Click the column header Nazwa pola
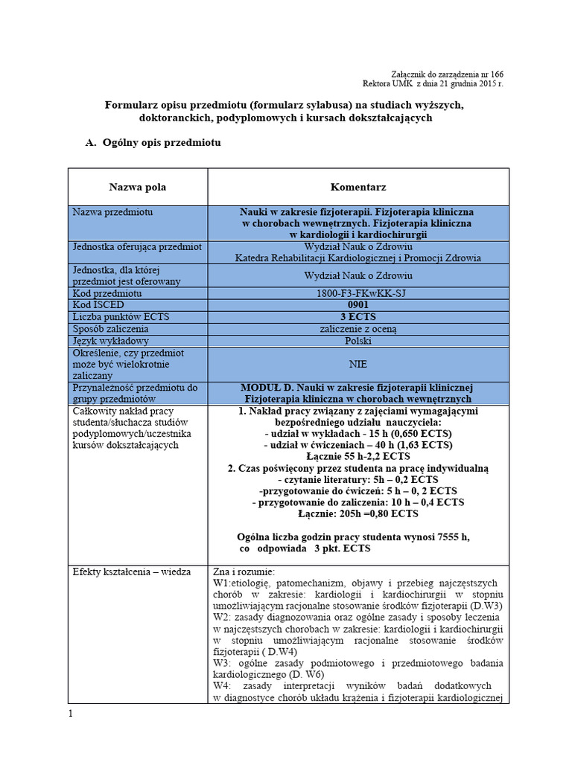click(137, 187)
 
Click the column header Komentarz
click(357, 187)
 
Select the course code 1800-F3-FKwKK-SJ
click(357, 293)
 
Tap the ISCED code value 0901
click(357, 305)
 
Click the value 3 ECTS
click(357, 317)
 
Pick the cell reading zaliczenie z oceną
click(357, 329)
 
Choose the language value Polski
click(357, 341)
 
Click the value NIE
click(357, 365)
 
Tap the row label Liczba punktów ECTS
click(121, 317)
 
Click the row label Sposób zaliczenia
click(110, 329)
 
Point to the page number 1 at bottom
click(71, 714)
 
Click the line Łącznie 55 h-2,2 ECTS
click(357, 456)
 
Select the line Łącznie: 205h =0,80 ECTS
click(357, 513)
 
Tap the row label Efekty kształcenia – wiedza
click(131, 571)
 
